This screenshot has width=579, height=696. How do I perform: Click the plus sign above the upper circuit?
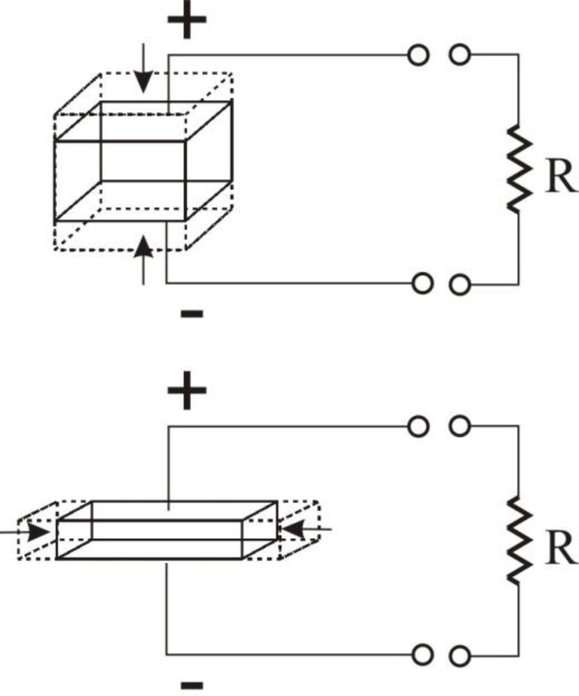coord(187,23)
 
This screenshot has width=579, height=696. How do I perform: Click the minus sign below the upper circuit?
coord(191,315)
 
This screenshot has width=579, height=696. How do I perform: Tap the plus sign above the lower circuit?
coord(187,395)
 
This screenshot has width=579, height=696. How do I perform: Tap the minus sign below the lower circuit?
coord(191,685)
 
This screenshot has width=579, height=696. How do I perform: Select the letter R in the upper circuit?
coord(560,178)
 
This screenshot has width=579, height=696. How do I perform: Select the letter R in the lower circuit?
coord(560,550)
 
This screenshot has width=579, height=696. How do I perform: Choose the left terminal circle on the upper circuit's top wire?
coord(418,55)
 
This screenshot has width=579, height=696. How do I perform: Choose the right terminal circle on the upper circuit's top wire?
coord(459,55)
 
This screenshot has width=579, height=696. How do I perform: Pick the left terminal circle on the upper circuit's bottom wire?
coord(420,283)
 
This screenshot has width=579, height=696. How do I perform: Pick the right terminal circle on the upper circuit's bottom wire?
coord(459,283)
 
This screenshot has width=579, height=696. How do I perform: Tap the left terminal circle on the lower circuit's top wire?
coord(418,427)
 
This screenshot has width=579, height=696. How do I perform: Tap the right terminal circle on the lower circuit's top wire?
coord(459,427)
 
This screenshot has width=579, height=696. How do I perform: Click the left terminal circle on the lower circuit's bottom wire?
coord(420,655)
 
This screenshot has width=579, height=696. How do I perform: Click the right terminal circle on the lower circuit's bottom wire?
coord(459,655)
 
